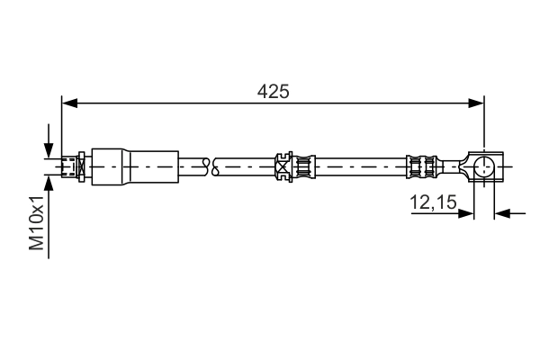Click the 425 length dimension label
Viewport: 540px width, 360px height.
click(273, 91)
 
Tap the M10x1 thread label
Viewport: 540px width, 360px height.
click(36, 225)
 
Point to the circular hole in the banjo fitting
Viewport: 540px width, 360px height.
click(483, 166)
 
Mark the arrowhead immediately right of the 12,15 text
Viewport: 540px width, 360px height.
click(467, 213)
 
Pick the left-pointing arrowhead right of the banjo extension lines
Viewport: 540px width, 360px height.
click(501, 213)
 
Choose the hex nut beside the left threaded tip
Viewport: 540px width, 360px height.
click(81, 166)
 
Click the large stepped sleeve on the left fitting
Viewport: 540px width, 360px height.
click(126, 166)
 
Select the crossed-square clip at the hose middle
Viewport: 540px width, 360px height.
click(284, 166)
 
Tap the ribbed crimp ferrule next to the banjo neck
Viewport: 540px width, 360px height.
click(422, 166)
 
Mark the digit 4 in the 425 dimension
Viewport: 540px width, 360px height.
click(262, 91)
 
